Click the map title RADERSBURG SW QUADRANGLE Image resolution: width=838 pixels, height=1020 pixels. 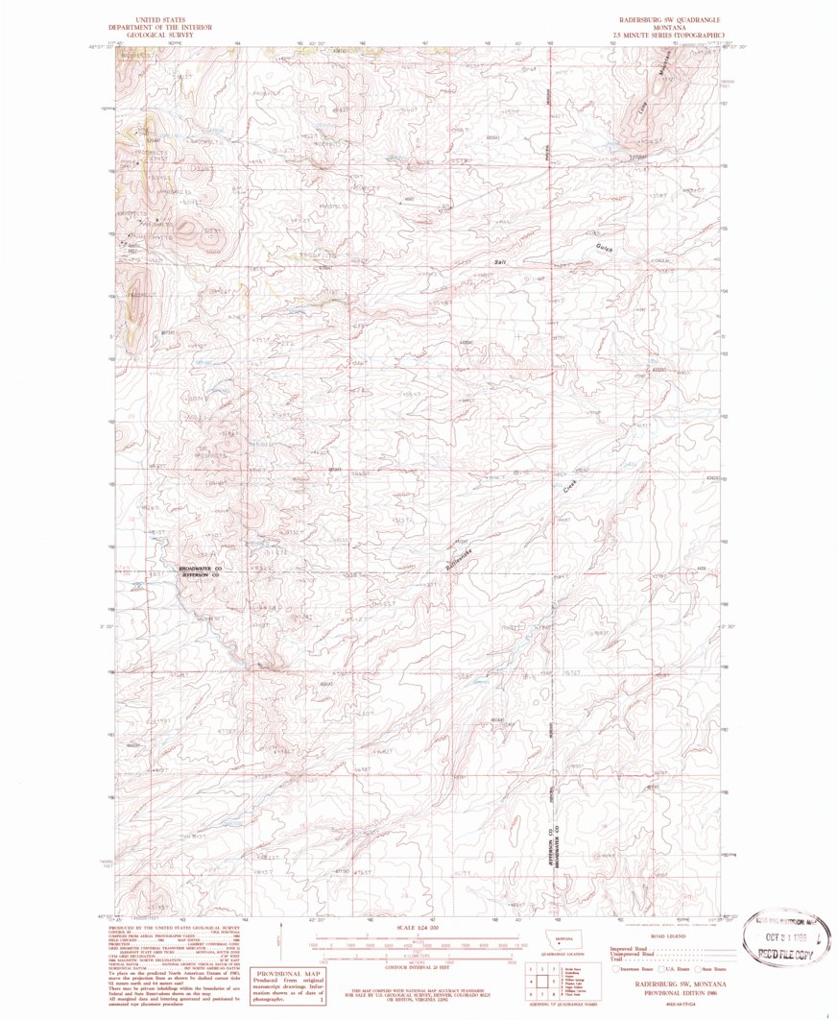tap(666, 19)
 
